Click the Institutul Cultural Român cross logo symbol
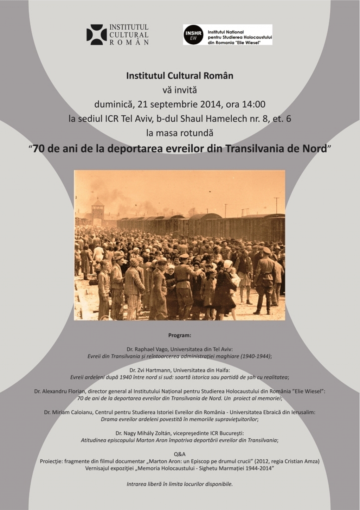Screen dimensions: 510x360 pos(96,34)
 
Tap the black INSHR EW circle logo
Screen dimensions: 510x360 pos(193,34)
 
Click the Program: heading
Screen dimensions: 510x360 pos(180,335)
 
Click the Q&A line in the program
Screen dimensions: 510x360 pos(180,454)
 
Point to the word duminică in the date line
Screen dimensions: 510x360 pos(114,104)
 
